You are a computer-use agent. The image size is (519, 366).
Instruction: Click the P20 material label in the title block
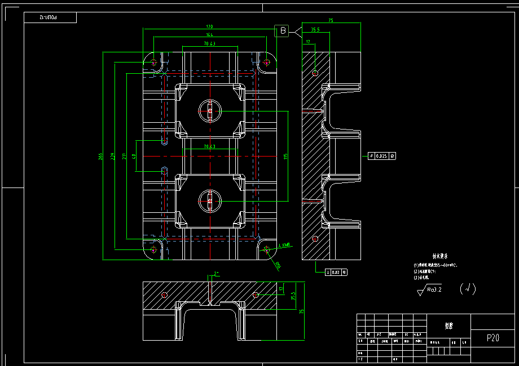pyautogui.click(x=493, y=338)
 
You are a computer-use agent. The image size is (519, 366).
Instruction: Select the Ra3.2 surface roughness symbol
pyautogui.click(x=430, y=290)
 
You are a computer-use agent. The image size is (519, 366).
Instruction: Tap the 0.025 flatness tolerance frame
pyautogui.click(x=382, y=155)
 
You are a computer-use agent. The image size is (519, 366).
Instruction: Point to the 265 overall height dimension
pyautogui.click(x=100, y=155)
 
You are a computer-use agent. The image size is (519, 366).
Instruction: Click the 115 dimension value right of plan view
pyautogui.click(x=286, y=155)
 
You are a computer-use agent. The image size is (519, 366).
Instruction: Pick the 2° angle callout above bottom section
pyautogui.click(x=216, y=274)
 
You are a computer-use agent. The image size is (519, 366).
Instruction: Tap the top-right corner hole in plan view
pyautogui.click(x=267, y=62)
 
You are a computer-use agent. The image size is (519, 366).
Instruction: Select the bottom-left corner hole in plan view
pyautogui.click(x=153, y=248)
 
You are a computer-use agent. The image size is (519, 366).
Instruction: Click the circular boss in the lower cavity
pyautogui.click(x=210, y=199)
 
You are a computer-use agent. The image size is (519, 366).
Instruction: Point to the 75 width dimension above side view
pyautogui.click(x=331, y=21)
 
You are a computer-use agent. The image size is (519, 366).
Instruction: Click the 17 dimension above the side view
pyautogui.click(x=308, y=42)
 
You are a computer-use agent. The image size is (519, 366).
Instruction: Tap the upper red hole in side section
pyautogui.click(x=315, y=73)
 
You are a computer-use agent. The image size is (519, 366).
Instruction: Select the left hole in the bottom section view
pyautogui.click(x=164, y=295)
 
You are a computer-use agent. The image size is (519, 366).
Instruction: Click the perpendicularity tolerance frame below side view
pyautogui.click(x=337, y=272)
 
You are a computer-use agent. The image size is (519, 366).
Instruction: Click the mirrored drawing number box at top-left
pyautogui.click(x=50, y=19)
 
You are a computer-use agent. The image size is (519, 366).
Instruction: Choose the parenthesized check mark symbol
pyautogui.click(x=468, y=289)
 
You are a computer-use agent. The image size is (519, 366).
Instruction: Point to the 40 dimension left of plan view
pyautogui.click(x=134, y=156)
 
